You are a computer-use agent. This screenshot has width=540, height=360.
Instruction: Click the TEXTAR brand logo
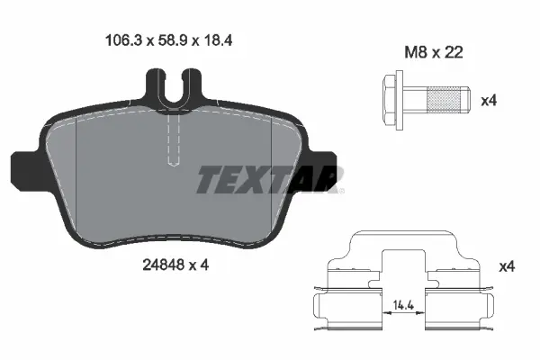(267, 180)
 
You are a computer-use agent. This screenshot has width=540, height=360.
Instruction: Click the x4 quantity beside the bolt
(489, 101)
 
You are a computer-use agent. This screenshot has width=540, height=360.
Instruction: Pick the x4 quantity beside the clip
(507, 267)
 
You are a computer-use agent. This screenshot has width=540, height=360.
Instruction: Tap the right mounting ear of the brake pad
(326, 167)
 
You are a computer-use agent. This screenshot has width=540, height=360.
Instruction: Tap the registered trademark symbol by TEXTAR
(340, 190)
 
